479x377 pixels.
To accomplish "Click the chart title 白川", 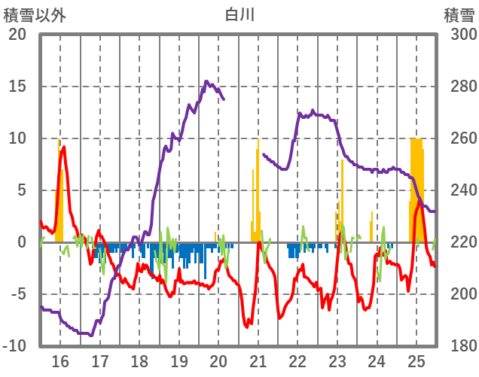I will (239, 14).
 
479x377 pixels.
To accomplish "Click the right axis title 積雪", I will (459, 14).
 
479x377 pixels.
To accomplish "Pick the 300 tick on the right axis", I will (459, 35).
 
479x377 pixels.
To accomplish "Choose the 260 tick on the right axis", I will (459, 138).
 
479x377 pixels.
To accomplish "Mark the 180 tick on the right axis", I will (459, 346).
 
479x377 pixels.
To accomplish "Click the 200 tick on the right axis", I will (459, 294).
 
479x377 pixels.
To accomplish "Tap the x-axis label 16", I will (60, 362).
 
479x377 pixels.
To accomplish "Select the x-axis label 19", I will (179, 362).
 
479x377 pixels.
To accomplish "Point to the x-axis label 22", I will (298, 362).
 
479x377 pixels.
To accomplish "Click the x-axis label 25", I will (416, 362).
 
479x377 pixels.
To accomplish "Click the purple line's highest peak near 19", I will (206, 81).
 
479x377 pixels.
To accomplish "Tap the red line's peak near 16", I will (64, 147).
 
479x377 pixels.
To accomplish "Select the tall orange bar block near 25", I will (416, 188).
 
